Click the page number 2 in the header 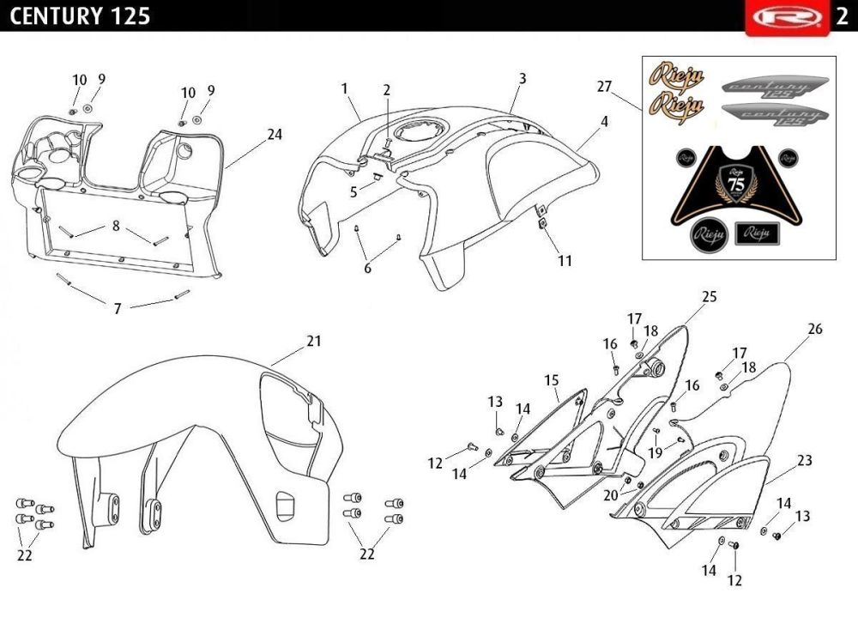842,16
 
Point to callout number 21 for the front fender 314,341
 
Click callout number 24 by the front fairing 275,135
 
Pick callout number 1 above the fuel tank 344,88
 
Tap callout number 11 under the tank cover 564,260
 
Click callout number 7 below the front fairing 118,308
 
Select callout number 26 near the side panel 814,329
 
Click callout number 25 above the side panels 709,297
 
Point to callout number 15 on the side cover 550,379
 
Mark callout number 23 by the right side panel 804,461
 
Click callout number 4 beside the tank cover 604,122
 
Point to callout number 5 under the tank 353,192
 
